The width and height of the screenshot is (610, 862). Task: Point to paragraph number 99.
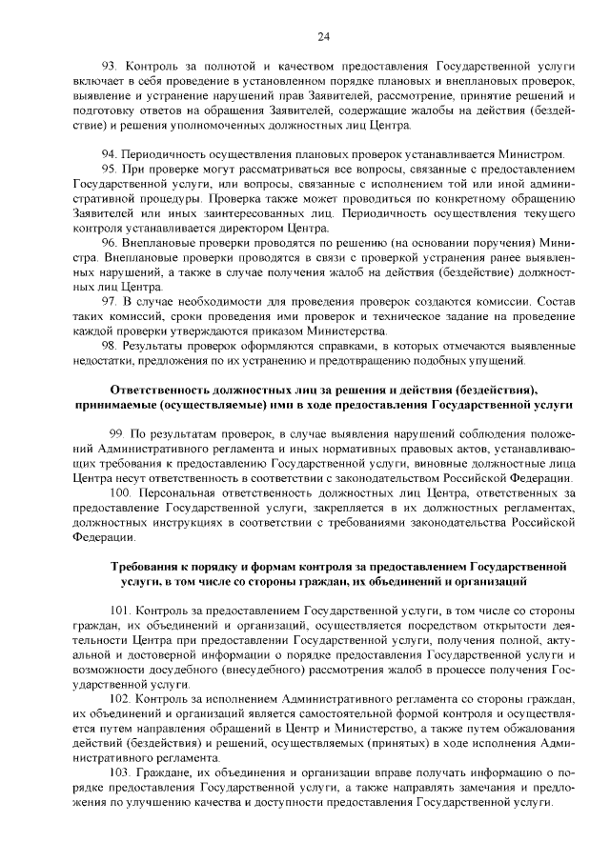point(115,433)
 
